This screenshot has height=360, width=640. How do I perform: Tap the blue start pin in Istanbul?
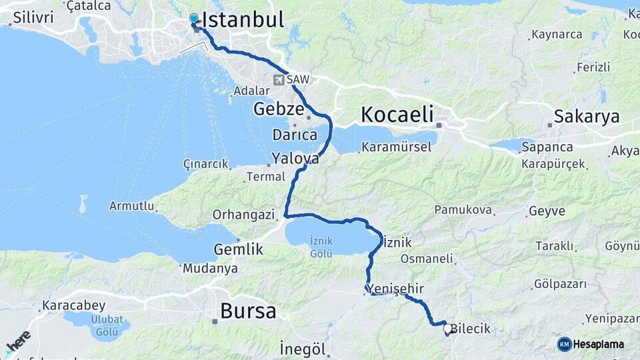(x=194, y=19)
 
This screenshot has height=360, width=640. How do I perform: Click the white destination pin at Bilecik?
(x=447, y=329)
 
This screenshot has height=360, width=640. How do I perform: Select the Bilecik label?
(x=471, y=329)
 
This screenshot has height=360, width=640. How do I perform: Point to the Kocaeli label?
(x=397, y=114)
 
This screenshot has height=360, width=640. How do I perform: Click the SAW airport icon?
(x=278, y=80)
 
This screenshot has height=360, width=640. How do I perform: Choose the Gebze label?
(x=279, y=109)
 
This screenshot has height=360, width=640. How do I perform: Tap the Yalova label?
(x=294, y=159)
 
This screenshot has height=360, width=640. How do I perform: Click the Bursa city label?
(x=248, y=311)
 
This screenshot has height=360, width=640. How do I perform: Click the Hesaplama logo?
(x=591, y=344)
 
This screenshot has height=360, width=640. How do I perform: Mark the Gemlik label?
(x=239, y=250)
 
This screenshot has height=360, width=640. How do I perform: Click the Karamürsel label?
(x=396, y=147)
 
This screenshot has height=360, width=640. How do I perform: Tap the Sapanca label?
(x=547, y=147)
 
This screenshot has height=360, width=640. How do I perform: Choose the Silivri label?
(x=33, y=17)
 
